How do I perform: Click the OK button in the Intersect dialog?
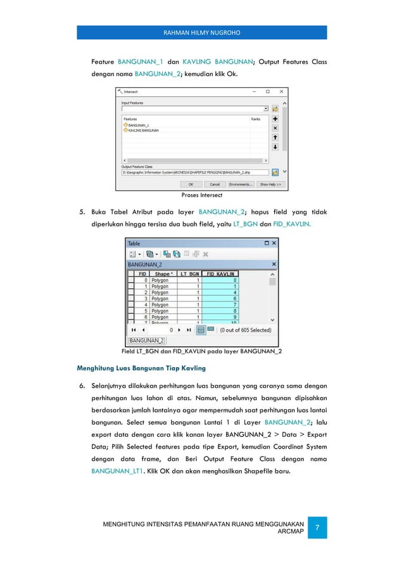[191, 185]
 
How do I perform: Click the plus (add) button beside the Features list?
[275, 118]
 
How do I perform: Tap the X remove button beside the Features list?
[275, 127]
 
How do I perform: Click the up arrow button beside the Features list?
[275, 137]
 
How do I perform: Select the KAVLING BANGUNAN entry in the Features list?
[142, 130]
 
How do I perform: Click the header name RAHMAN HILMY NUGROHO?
[202, 33]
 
